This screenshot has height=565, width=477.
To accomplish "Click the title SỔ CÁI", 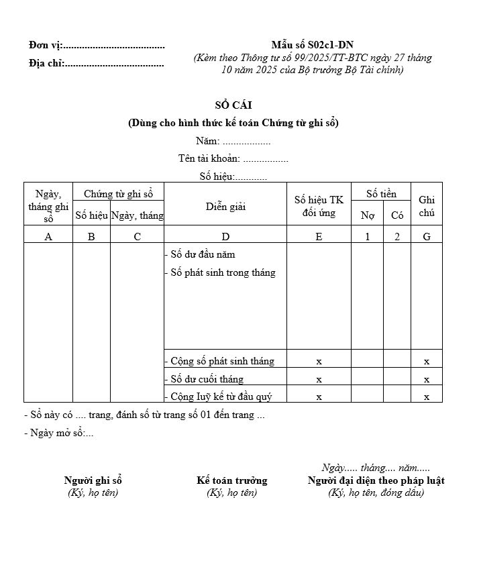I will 233,105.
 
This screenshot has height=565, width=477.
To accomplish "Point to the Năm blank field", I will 246,142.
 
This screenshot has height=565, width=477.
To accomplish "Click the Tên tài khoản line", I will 233,159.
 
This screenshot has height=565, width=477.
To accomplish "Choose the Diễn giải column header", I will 225,207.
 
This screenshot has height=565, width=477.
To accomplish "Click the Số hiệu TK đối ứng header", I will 319,207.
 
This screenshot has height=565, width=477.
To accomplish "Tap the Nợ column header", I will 368,215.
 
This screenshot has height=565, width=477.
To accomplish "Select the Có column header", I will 397,215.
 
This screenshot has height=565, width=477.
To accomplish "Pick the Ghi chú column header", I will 427,207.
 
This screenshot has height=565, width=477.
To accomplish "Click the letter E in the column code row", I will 319,236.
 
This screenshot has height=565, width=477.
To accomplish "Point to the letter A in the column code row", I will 48,236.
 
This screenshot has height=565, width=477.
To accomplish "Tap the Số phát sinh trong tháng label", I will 221,272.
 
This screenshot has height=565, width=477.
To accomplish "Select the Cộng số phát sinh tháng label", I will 220,361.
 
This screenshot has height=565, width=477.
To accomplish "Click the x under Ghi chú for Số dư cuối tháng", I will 427,379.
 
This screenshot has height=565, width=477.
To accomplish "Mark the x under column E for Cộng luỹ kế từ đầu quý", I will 319,397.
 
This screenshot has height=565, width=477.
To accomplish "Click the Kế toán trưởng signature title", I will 232,480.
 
